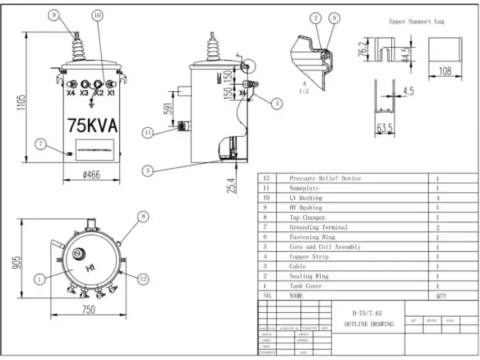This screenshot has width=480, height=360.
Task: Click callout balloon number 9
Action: tap(54, 15)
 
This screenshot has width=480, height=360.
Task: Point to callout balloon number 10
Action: tap(97, 15)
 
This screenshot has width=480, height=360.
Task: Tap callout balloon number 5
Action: tap(149, 170)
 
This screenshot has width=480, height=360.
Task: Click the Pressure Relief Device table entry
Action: tap(325, 178)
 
